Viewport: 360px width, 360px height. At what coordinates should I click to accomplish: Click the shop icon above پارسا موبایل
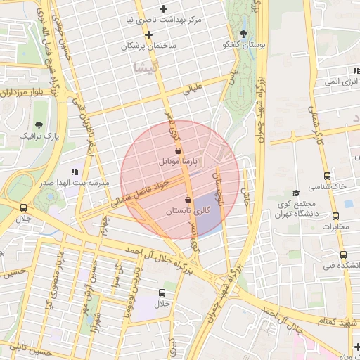178,150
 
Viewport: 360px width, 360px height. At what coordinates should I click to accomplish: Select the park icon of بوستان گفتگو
243,34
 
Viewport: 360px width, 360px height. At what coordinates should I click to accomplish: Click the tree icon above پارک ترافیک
38,124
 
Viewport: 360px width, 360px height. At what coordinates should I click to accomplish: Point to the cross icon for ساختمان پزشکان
148,34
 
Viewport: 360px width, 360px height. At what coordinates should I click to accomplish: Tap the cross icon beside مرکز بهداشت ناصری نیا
164,9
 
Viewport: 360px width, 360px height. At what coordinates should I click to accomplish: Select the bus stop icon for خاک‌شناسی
327,176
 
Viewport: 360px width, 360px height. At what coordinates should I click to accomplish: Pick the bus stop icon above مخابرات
336,216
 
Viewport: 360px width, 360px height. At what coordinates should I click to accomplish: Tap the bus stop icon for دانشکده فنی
343,255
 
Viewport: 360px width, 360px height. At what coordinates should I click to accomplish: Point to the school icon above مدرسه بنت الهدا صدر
75,172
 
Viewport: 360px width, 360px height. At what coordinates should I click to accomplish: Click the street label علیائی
192,89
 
